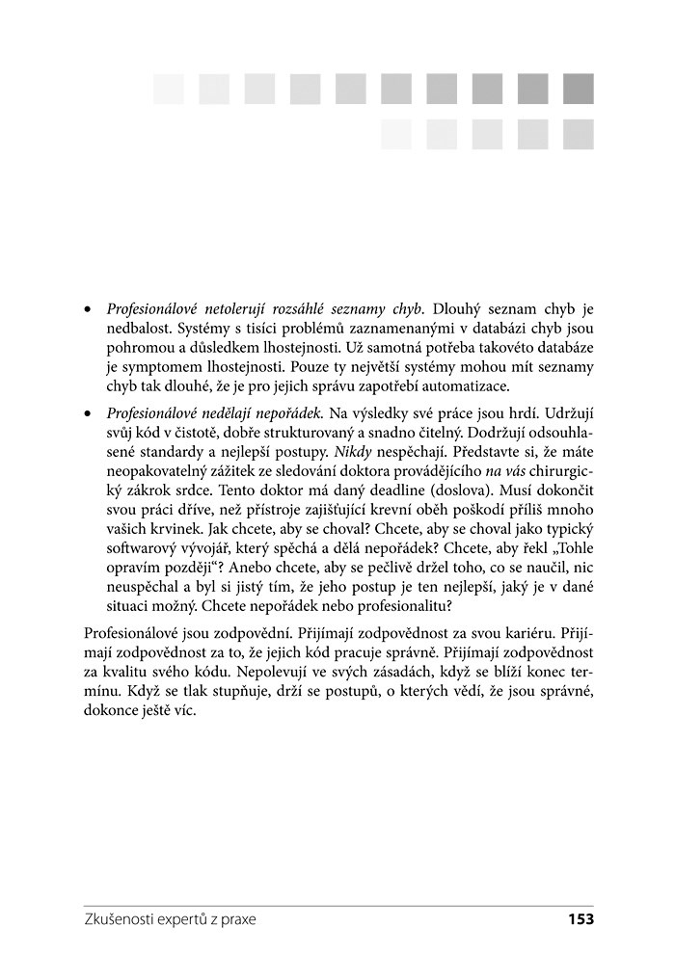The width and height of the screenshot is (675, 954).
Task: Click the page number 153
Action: (580, 919)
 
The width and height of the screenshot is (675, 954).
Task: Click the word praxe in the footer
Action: (238, 919)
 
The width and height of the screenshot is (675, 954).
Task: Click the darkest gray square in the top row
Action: (579, 89)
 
